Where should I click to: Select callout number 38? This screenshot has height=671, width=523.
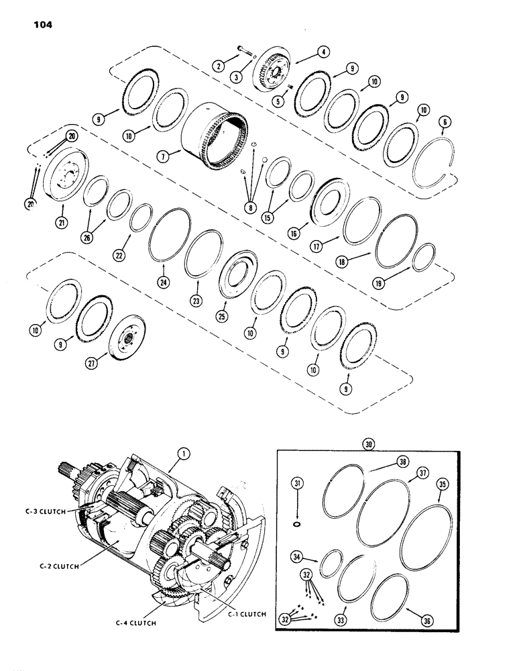402,462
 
